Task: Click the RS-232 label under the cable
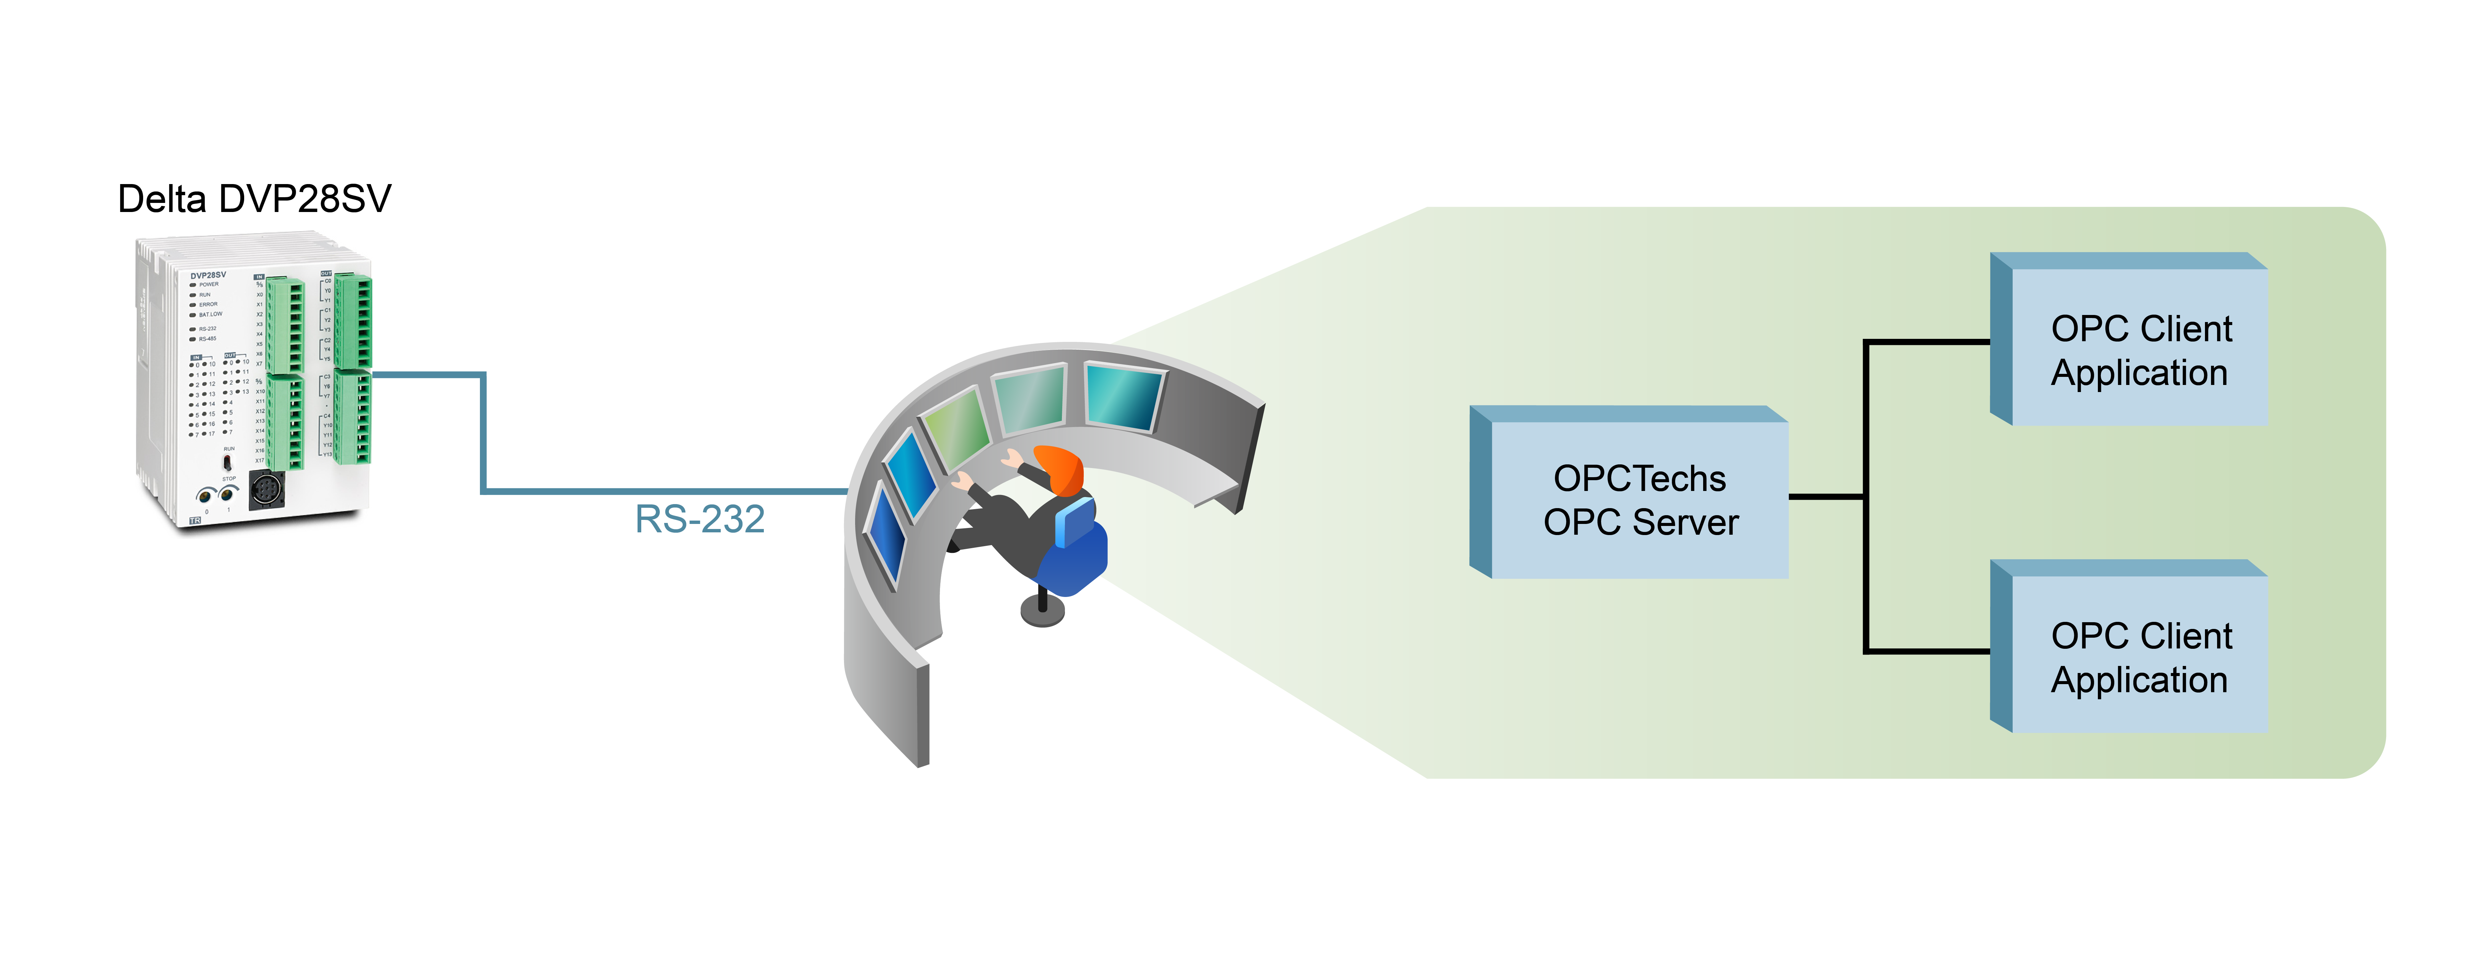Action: pyautogui.click(x=700, y=519)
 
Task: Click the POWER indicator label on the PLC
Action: pyautogui.click(x=209, y=284)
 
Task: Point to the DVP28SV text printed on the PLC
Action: pyautogui.click(x=208, y=275)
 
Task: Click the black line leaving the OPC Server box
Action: pyautogui.click(x=1826, y=496)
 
